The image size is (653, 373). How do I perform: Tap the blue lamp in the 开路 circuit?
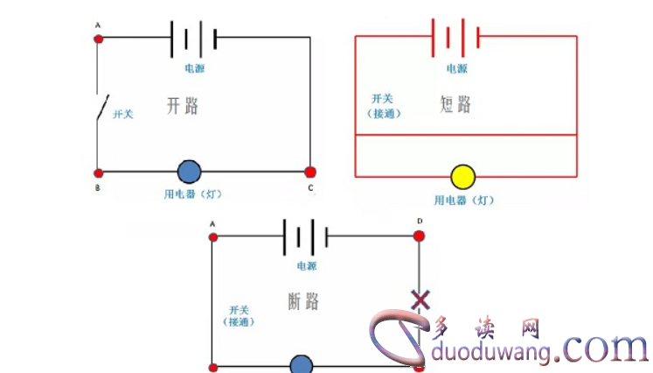tap(190, 172)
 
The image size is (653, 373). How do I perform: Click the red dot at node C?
tap(309, 172)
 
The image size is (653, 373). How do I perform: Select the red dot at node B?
tap(98, 172)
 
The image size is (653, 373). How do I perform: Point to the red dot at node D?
tap(419, 236)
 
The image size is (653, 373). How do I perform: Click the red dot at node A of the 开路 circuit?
tap(98, 38)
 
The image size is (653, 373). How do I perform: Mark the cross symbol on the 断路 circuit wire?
tap(420, 300)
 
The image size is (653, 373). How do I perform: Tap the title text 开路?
tap(182, 106)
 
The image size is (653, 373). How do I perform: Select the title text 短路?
tap(455, 104)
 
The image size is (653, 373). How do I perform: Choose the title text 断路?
tap(302, 301)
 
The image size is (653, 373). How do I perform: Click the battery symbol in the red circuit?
tap(455, 37)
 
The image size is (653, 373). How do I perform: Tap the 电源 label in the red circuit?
tap(456, 68)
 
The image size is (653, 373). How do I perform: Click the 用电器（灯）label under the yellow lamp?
tap(464, 201)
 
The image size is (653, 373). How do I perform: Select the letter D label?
tap(420, 221)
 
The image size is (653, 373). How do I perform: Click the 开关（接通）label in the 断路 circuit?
tap(239, 316)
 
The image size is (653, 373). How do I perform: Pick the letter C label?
tap(309, 188)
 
